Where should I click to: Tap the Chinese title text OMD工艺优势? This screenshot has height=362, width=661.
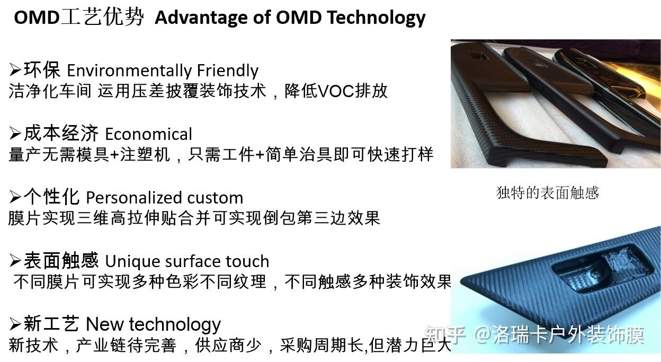(x=78, y=17)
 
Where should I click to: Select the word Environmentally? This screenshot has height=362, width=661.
(x=129, y=70)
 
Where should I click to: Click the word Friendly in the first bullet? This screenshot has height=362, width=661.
(x=227, y=70)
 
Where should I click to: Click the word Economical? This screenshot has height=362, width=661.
(x=148, y=134)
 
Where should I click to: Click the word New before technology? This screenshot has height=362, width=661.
(x=105, y=324)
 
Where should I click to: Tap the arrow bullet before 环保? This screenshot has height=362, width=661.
(x=15, y=69)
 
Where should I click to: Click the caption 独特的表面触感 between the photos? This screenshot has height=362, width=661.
(x=547, y=192)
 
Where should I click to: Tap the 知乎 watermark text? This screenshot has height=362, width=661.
(x=445, y=335)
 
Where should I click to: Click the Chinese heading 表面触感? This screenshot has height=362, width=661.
(x=61, y=260)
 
